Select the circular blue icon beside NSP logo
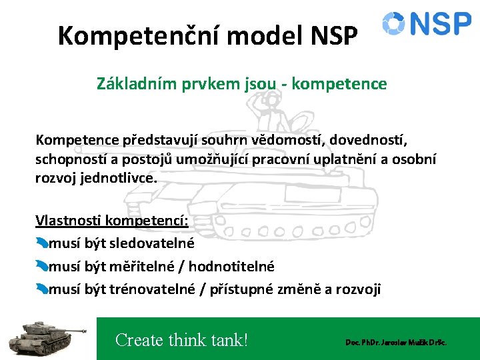[393, 23]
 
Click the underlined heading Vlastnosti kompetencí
[111, 221]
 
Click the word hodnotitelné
[231, 267]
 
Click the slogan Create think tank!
[181, 340]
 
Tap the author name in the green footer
[395, 342]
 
